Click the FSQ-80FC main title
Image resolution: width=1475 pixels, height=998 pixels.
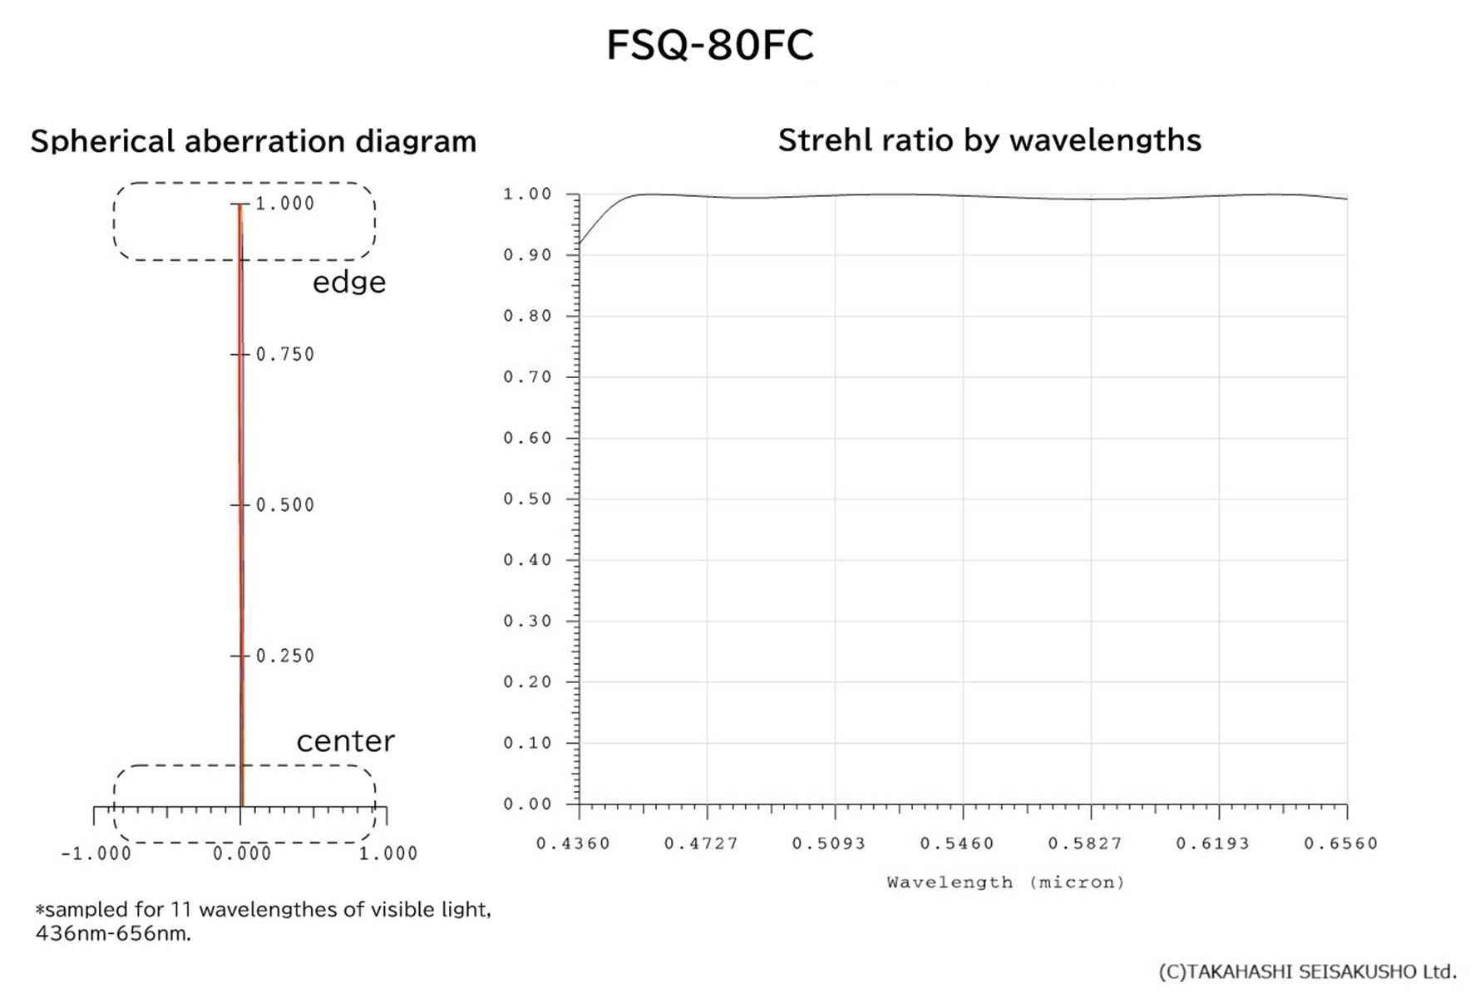point(709,45)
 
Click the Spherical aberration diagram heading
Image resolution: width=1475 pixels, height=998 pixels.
point(254,141)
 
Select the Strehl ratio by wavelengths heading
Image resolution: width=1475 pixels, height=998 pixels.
point(989,140)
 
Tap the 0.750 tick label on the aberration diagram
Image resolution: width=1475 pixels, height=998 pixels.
point(285,355)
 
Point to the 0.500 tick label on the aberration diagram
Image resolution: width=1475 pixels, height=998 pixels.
point(285,505)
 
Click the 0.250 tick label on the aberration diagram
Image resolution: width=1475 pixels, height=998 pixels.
point(285,656)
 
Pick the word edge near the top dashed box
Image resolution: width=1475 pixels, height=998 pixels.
point(349,283)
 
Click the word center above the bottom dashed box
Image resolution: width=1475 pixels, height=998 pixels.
point(345,740)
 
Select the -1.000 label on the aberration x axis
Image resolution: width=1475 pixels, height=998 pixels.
point(96,853)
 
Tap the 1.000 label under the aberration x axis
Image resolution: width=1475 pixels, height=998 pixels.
point(388,853)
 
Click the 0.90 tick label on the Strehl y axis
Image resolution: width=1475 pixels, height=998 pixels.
point(527,255)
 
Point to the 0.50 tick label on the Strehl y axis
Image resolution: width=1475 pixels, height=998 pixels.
point(527,499)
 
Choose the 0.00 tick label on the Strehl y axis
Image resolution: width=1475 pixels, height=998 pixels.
point(527,804)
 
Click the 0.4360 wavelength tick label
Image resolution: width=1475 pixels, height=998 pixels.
point(573,843)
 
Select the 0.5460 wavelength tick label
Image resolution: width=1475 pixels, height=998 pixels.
point(957,843)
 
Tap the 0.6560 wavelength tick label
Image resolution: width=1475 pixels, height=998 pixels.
point(1340,843)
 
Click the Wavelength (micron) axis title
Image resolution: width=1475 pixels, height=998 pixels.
point(1005,882)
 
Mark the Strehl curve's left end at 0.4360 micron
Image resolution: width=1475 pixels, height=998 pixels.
point(580,243)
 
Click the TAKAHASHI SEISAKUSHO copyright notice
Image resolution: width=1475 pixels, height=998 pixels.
point(1307,971)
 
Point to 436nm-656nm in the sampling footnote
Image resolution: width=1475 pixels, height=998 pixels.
point(113,933)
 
